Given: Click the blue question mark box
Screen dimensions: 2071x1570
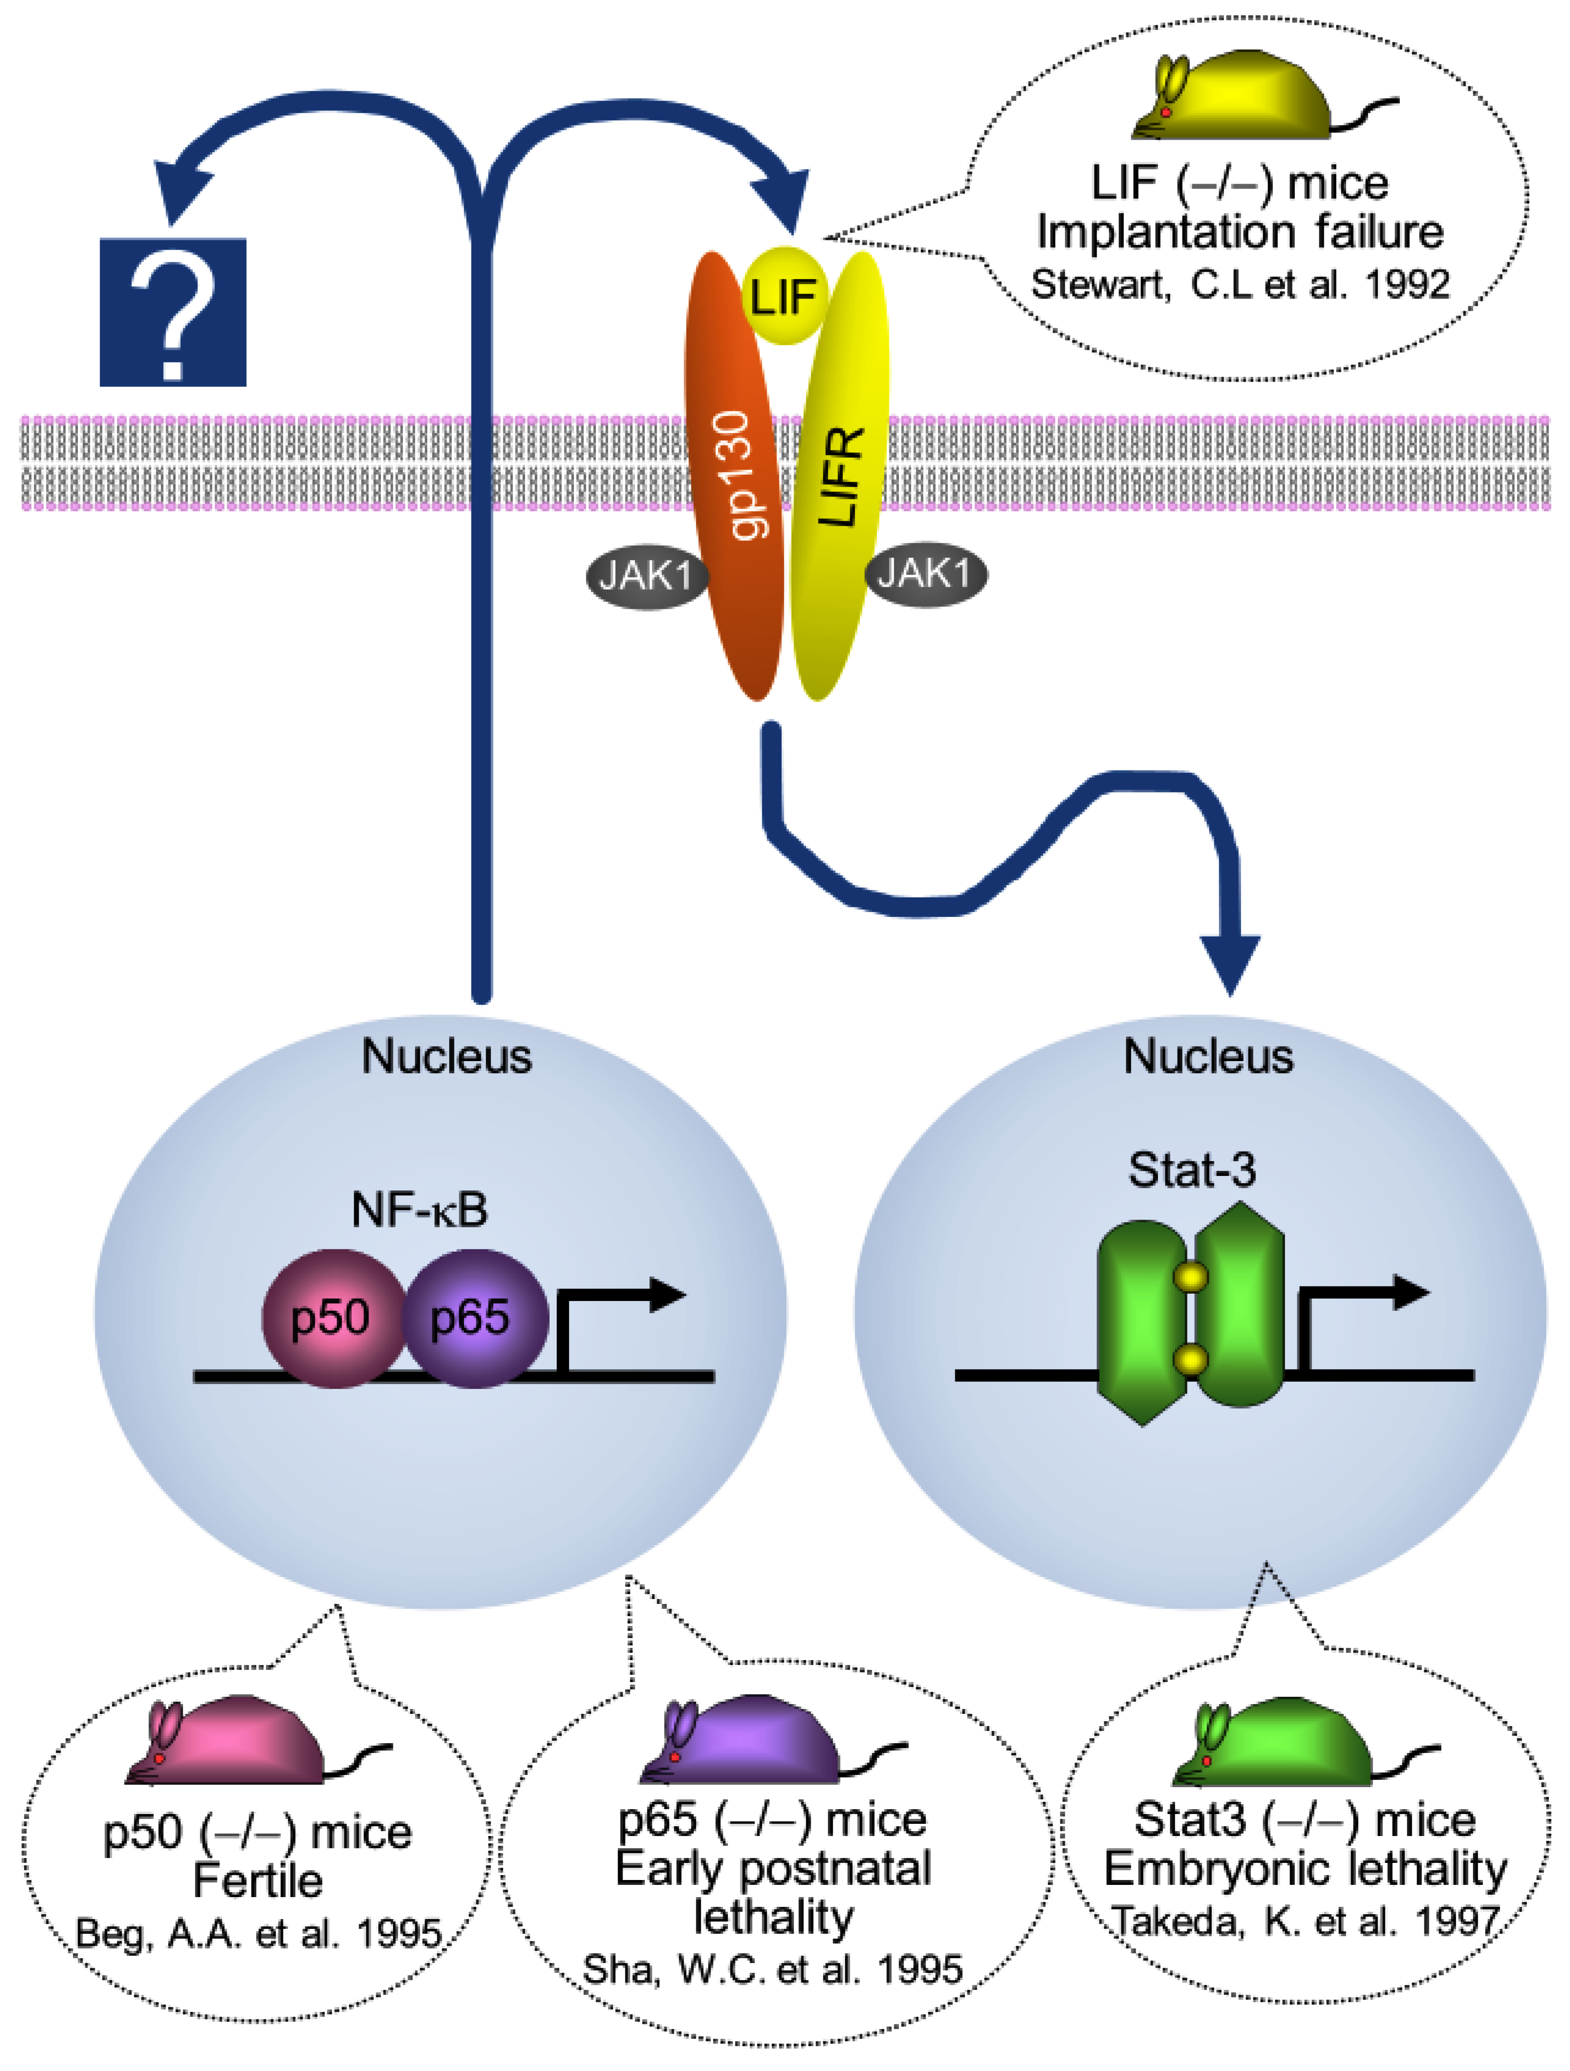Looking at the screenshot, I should [173, 312].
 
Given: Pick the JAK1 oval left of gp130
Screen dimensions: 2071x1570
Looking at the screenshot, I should [646, 575].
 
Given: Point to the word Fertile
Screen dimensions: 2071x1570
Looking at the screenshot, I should [258, 1880].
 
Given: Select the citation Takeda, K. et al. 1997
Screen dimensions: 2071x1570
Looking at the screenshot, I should [1306, 1921].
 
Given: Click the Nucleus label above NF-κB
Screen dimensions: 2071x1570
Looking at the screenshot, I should [447, 1057].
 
